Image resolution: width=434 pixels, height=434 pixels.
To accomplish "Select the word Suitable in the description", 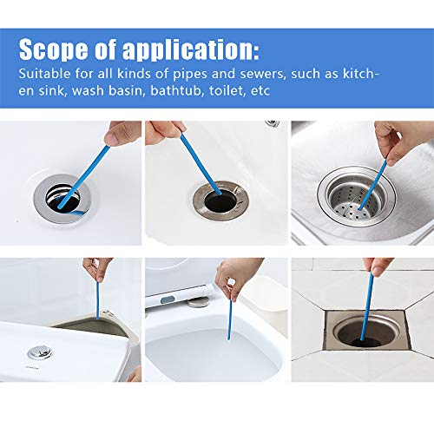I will pyautogui.click(x=45, y=74).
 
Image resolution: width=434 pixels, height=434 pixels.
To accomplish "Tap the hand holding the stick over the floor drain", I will pyautogui.click(x=379, y=266).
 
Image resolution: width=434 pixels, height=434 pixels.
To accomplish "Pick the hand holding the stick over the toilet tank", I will pyautogui.click(x=97, y=266).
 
